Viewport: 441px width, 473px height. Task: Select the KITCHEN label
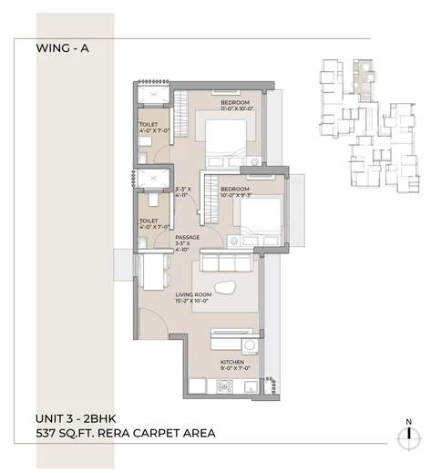pyautogui.click(x=233, y=362)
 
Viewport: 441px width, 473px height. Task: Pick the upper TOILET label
pyautogui.click(x=149, y=126)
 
